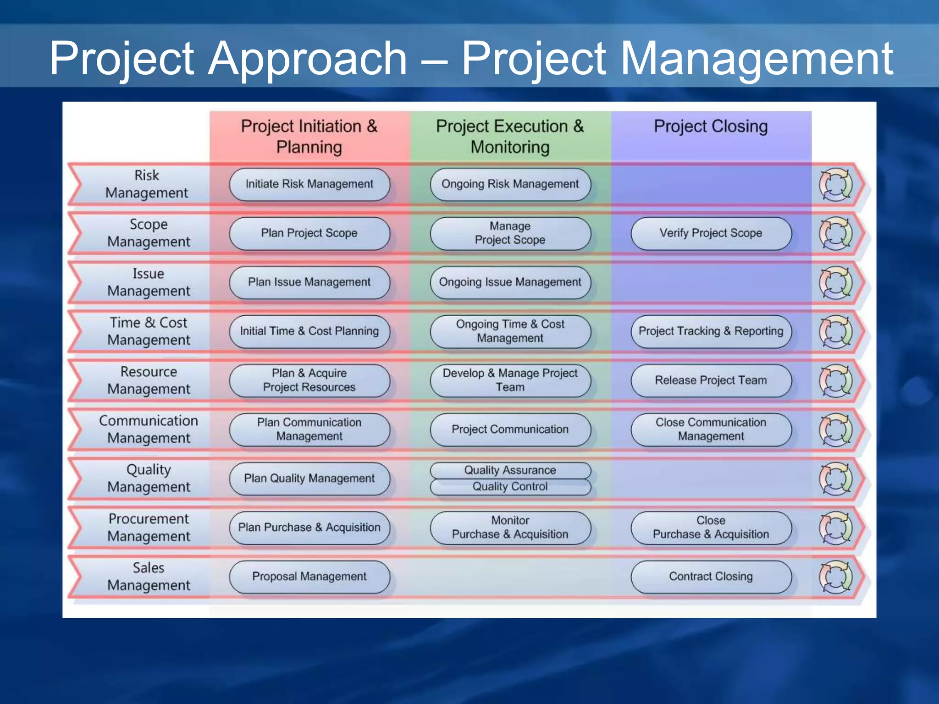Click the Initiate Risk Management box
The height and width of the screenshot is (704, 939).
(x=309, y=184)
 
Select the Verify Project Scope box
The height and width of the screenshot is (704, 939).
(x=711, y=233)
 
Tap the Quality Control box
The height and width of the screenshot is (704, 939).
(x=510, y=487)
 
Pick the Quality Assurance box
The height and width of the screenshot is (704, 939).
(x=510, y=470)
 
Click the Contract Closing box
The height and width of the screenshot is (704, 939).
(x=711, y=577)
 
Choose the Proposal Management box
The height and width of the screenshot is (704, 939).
(x=309, y=577)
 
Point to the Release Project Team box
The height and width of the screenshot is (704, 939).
(x=711, y=380)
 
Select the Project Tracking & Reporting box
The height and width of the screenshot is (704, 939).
(x=711, y=331)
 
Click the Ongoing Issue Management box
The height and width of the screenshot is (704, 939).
(x=510, y=282)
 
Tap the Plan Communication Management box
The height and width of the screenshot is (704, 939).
(x=309, y=429)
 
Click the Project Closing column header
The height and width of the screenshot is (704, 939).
(x=711, y=126)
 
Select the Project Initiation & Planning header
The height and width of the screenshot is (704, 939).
(x=309, y=137)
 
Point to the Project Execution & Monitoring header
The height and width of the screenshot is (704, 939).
(x=510, y=137)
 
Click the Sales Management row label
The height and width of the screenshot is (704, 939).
(x=148, y=577)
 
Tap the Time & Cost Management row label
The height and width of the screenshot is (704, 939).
(x=148, y=331)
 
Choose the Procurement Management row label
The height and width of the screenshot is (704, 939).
(x=148, y=528)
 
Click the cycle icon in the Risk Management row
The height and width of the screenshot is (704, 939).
(x=835, y=185)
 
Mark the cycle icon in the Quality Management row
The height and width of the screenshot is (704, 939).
(x=835, y=479)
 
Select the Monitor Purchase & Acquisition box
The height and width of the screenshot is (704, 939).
(x=510, y=528)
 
